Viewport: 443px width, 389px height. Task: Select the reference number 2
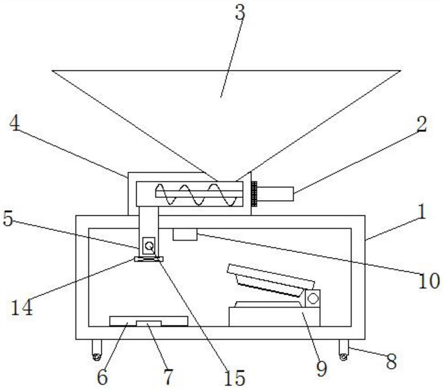click(421, 125)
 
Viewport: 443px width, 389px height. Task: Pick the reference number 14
click(21, 307)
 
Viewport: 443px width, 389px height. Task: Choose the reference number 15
click(234, 377)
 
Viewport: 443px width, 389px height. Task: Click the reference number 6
click(102, 377)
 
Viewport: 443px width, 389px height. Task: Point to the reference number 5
click(8, 219)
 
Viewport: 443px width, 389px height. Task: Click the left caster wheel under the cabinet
click(96, 356)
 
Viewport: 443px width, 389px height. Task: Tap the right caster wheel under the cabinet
click(343, 356)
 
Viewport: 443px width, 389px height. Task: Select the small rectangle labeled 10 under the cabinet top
click(185, 234)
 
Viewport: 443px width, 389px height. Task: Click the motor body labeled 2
click(276, 194)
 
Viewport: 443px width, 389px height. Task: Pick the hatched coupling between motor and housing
click(254, 194)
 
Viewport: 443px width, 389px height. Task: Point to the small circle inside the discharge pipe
click(149, 244)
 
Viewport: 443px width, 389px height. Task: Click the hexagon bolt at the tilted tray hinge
click(313, 298)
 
